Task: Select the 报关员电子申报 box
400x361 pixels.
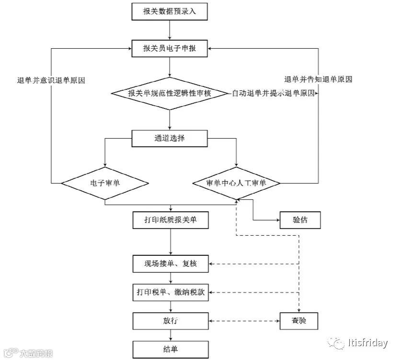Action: tap(170, 48)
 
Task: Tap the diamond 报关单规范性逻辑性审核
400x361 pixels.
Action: tap(170, 93)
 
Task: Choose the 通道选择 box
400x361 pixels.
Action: tap(170, 139)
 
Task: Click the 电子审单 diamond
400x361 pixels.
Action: tap(105, 183)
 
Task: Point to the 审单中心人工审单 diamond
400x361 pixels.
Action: tap(236, 183)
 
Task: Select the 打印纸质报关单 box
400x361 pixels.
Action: tap(170, 219)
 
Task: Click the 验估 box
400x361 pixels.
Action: tap(299, 219)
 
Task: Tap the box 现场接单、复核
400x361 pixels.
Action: tap(170, 264)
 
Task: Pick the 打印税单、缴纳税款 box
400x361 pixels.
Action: tap(170, 292)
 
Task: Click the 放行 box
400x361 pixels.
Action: tap(170, 320)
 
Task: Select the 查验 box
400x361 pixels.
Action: tap(299, 320)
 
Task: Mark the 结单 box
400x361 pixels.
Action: tap(170, 348)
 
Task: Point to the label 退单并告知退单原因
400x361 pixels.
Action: tap(318, 79)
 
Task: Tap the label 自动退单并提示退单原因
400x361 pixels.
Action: tap(274, 93)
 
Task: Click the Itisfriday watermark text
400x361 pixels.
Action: tap(369, 342)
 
